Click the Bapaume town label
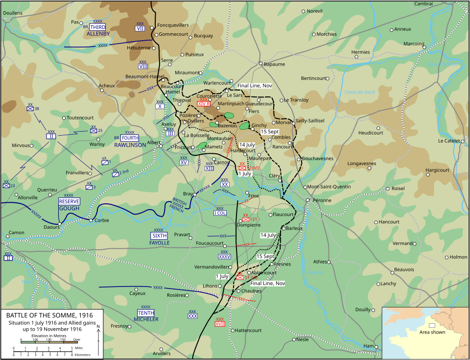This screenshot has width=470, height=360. tap(274, 64)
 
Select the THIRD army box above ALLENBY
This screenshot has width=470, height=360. tap(97, 27)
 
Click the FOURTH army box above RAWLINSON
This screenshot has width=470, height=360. tap(130, 138)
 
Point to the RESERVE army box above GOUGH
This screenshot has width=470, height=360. tap(69, 201)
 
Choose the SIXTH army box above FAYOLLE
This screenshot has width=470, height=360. tap(159, 236)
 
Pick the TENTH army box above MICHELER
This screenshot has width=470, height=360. tap(145, 312)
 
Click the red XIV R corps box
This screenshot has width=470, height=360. tap(204, 103)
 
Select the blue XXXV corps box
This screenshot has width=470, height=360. tap(224, 256)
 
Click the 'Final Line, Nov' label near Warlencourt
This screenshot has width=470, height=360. tap(255, 86)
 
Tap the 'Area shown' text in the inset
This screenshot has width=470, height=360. tap(432, 332)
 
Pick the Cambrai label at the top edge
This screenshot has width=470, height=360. tap(423, 3)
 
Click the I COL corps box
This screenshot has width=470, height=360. tap(220, 213)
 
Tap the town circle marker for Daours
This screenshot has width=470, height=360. tap(60, 224)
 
